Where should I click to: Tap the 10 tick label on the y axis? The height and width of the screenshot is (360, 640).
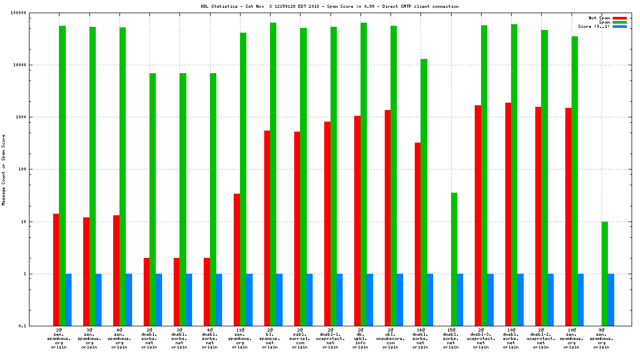point(36,222)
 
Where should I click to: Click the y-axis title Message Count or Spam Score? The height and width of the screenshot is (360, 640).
point(4,169)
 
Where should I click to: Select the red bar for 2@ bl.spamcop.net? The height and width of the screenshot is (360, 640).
point(267,228)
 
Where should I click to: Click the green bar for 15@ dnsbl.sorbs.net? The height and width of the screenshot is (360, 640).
point(454,259)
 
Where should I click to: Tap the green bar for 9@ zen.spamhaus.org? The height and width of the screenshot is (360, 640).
point(605,274)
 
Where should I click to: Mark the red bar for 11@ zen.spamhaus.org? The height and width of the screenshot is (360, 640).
point(237,259)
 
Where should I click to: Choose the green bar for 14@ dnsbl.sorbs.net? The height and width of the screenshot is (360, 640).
point(424,192)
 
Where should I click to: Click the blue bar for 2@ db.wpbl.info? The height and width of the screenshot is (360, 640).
point(370,299)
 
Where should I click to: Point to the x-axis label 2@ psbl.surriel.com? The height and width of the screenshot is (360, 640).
point(300,338)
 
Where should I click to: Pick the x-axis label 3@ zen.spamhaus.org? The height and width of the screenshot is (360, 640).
point(89,338)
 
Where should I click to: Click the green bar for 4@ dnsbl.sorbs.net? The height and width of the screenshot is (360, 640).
point(213,199)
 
